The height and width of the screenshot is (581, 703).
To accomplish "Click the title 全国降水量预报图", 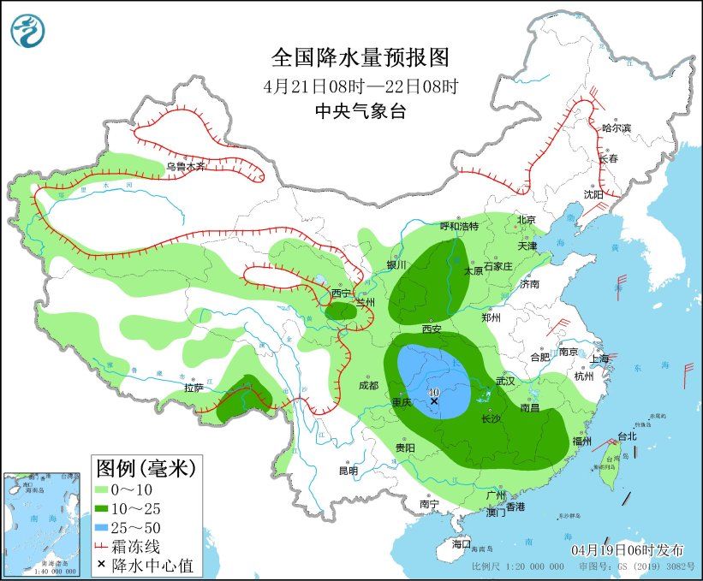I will (x=360, y=57).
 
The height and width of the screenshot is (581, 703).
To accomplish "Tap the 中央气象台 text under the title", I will (x=360, y=110).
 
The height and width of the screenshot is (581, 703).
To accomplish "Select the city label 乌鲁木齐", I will (x=186, y=167).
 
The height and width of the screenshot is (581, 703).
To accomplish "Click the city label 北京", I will (x=526, y=220).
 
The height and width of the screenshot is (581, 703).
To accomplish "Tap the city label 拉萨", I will (x=194, y=388).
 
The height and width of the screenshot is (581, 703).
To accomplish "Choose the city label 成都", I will (x=369, y=385).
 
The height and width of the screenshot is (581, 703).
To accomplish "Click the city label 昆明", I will (x=348, y=470).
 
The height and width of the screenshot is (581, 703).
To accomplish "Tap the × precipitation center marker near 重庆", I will (x=434, y=400).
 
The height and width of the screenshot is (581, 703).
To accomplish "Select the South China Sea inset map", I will (x=44, y=523).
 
